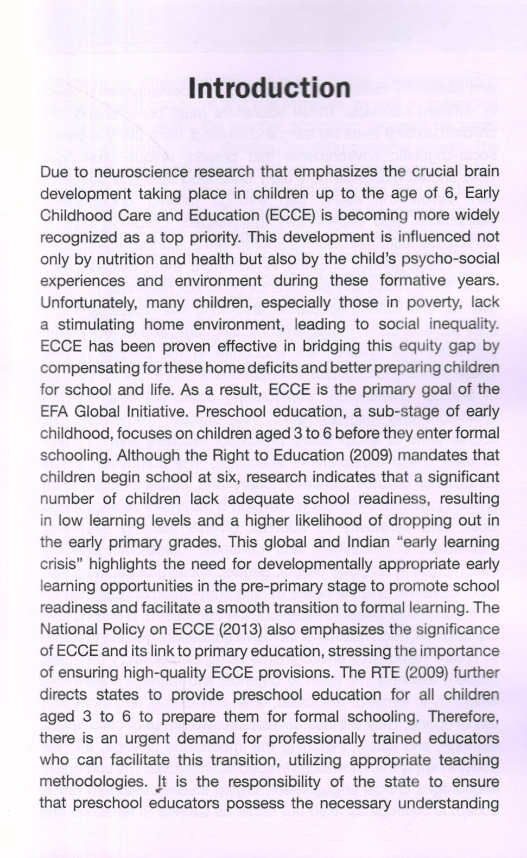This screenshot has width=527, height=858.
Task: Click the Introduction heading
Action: [269, 89]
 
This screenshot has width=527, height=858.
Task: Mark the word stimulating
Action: [96, 325]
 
